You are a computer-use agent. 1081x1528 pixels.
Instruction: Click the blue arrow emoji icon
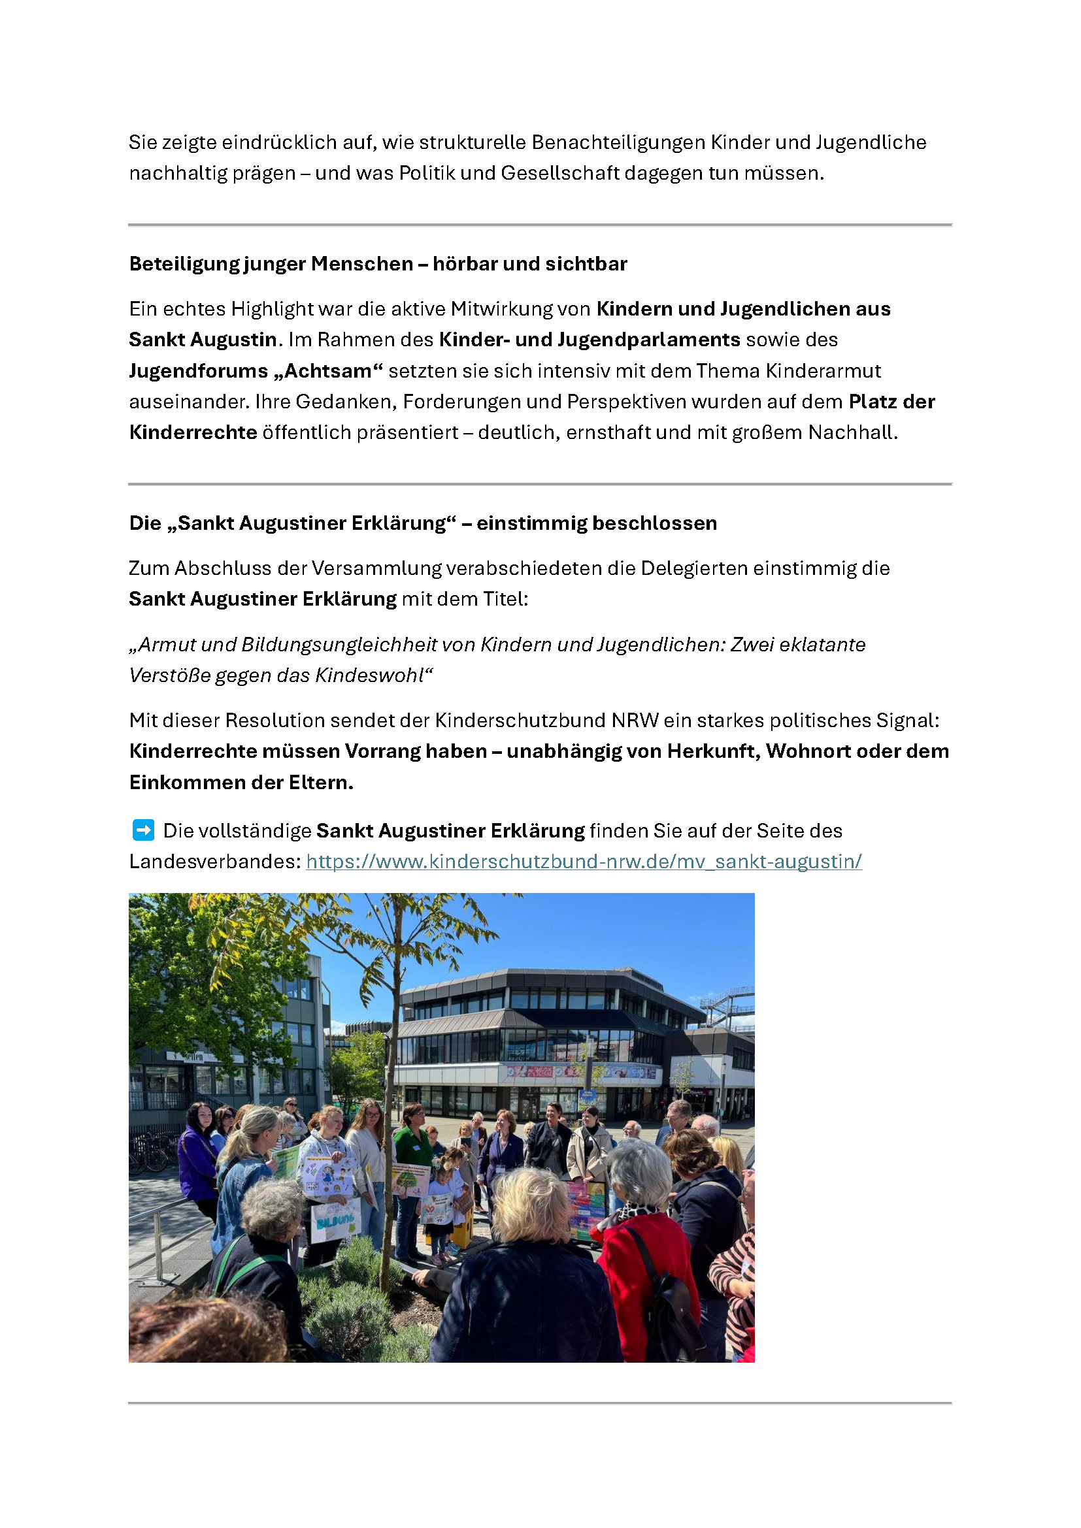pos(143,830)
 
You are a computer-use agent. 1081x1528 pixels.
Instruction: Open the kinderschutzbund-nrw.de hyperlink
pos(584,861)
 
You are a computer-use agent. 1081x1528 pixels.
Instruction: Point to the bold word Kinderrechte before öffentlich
pos(193,432)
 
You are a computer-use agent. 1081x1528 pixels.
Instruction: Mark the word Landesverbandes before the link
pos(215,862)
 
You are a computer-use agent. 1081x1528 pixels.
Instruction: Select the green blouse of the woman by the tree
pos(413,1145)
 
